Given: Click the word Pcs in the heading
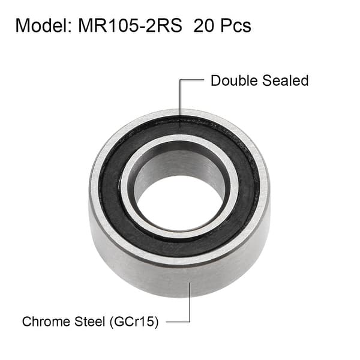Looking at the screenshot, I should click(235, 26).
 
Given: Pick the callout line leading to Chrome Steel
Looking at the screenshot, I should click(190, 306).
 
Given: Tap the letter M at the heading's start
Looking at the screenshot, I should click(22, 26).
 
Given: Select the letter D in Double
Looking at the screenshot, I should click(215, 80).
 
